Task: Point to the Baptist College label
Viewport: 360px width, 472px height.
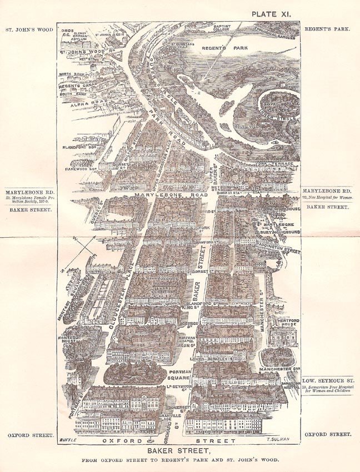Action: coord(224,28)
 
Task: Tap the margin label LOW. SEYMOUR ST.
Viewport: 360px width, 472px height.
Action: coord(329,381)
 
